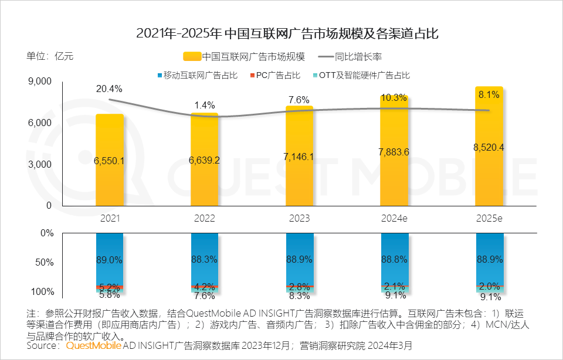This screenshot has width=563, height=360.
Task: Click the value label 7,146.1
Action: [x=299, y=157]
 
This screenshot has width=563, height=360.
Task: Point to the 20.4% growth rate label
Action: [x=109, y=89]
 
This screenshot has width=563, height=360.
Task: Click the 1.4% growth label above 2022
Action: [x=204, y=105]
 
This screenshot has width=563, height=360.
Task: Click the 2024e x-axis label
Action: [x=394, y=218]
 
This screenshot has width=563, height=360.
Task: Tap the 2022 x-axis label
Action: [x=204, y=218]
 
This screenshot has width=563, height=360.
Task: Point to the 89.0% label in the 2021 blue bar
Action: [x=110, y=259]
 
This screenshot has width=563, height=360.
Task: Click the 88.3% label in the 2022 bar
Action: [x=205, y=259]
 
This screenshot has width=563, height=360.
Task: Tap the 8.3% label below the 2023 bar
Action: [x=299, y=296]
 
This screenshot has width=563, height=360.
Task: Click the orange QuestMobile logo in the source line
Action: [x=94, y=346]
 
